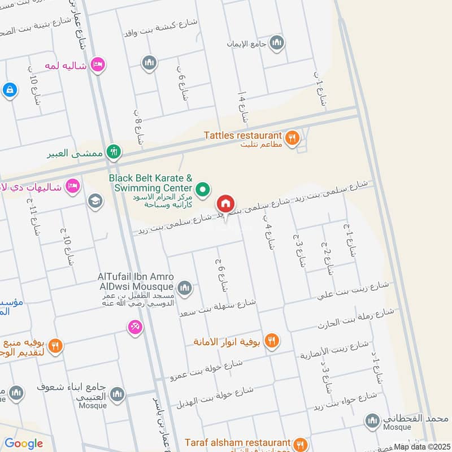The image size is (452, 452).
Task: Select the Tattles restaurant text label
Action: (x=244, y=136)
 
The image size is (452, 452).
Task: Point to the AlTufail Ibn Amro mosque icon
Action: (x=184, y=289)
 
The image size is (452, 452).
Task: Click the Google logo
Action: (x=24, y=444)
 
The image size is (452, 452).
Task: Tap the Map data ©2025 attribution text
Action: (x=421, y=446)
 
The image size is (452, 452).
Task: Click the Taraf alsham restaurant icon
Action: (x=301, y=444)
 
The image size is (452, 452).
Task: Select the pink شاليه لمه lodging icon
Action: (x=98, y=65)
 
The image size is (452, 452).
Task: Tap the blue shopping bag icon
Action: (x=9, y=89)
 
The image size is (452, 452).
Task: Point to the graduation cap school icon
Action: (x=94, y=200)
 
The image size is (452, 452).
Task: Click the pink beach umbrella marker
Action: (x=135, y=327)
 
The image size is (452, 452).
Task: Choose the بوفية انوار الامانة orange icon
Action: (x=272, y=341)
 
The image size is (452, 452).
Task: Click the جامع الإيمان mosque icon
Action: (x=276, y=42)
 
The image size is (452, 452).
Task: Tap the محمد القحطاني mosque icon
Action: (x=372, y=420)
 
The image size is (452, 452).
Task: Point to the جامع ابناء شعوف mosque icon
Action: (x=117, y=394)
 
